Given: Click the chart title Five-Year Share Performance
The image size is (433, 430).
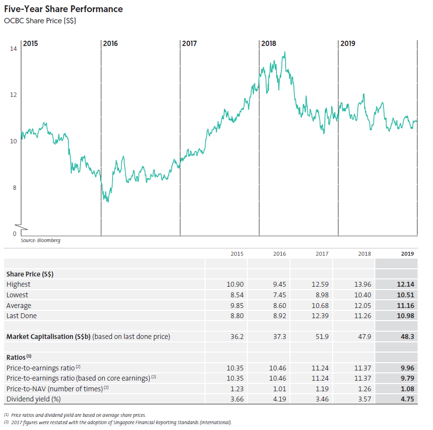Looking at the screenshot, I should (x=63, y=9).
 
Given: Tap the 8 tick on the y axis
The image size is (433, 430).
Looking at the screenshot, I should (x=15, y=188).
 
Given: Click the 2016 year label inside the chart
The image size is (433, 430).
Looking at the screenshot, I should (x=111, y=44).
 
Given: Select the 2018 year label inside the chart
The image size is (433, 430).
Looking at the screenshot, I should (x=269, y=44).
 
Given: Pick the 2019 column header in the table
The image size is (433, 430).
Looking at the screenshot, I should (x=407, y=254).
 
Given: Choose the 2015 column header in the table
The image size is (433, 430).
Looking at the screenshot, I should (x=237, y=254).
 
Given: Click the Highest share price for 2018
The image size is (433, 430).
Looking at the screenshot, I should (x=363, y=285).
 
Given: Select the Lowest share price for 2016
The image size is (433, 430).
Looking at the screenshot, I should (x=279, y=295).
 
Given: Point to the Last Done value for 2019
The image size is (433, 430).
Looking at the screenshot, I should (x=405, y=316).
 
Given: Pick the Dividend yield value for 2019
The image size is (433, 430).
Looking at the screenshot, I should (x=407, y=399).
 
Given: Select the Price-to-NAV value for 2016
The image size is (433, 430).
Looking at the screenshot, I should (x=279, y=389).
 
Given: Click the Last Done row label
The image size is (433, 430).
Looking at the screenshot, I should (x=21, y=316).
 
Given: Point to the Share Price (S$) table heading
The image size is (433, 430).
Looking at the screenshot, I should (x=30, y=274).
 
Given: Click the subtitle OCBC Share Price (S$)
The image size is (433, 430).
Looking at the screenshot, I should (x=40, y=21).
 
